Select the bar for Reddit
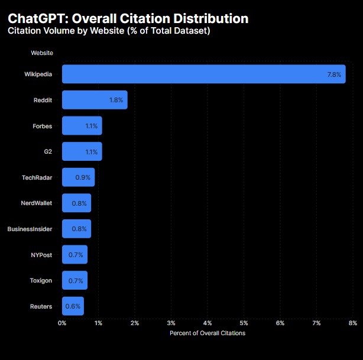(95, 100)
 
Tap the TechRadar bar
(78, 177)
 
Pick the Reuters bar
(73, 306)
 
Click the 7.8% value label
(334, 74)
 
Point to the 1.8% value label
(116, 100)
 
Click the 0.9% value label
(83, 177)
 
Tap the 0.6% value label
(73, 306)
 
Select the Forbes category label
(42, 126)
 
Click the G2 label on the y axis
(47, 152)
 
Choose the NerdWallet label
(36, 203)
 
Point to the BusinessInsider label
(30, 229)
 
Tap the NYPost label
(41, 255)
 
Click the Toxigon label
(41, 280)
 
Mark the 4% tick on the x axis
(208, 323)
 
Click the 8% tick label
(353, 323)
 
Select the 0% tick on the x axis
(62, 323)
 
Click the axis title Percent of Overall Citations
(207, 333)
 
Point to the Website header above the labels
(42, 53)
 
